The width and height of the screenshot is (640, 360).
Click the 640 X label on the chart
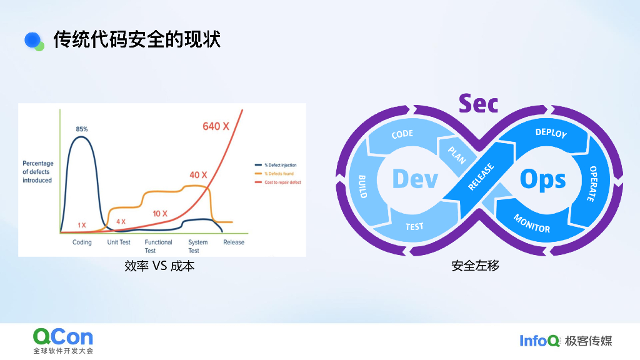click(216, 126)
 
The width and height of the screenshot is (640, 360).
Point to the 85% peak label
click(82, 129)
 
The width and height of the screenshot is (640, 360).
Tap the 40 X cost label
click(199, 175)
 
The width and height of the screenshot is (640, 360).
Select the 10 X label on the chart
click(160, 214)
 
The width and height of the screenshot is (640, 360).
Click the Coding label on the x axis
click(82, 242)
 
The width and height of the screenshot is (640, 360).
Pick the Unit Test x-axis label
click(119, 242)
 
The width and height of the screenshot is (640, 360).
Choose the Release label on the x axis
click(234, 242)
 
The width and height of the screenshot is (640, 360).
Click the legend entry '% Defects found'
click(279, 173)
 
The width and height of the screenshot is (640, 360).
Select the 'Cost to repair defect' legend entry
click(282, 182)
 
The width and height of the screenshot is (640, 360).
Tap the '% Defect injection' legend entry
click(280, 165)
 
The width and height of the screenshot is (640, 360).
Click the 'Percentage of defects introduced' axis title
click(38, 172)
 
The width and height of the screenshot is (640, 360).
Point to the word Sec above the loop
click(478, 103)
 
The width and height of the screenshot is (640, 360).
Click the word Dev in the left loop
click(415, 179)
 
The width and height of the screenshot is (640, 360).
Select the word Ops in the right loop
click(542, 180)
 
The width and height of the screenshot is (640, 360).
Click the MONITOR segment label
click(532, 223)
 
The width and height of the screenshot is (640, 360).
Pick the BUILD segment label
click(362, 186)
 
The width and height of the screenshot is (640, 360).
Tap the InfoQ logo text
click(539, 341)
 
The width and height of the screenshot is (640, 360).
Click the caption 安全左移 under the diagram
click(475, 266)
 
